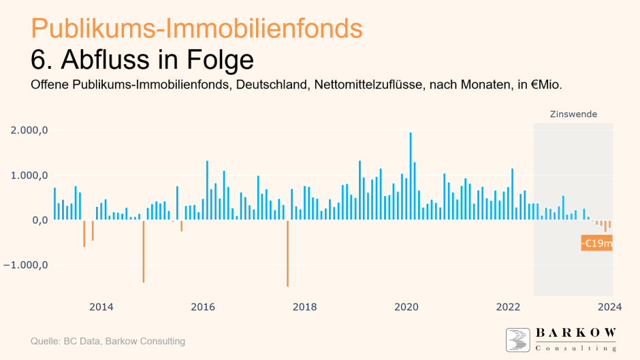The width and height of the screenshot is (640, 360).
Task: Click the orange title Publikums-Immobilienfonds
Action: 197,29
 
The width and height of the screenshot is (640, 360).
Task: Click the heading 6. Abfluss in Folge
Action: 142,60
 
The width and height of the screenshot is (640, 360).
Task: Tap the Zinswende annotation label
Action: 573,114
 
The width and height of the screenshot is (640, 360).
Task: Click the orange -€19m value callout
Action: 596,243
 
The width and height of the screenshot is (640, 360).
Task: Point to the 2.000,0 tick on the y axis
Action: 29,130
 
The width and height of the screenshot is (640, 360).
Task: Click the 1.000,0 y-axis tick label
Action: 29,175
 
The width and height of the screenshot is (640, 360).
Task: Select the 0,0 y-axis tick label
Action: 38,220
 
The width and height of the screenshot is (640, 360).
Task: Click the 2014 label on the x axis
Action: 101,307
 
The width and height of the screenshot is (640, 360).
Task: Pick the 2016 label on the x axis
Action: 203,307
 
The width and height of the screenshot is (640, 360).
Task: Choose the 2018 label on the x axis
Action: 304,307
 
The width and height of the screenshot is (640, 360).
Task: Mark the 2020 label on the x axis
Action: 406,307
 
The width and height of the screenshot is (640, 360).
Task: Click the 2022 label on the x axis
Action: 508,307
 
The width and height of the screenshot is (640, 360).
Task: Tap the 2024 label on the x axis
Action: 609,307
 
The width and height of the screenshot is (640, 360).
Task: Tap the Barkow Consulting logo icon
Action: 517,340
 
